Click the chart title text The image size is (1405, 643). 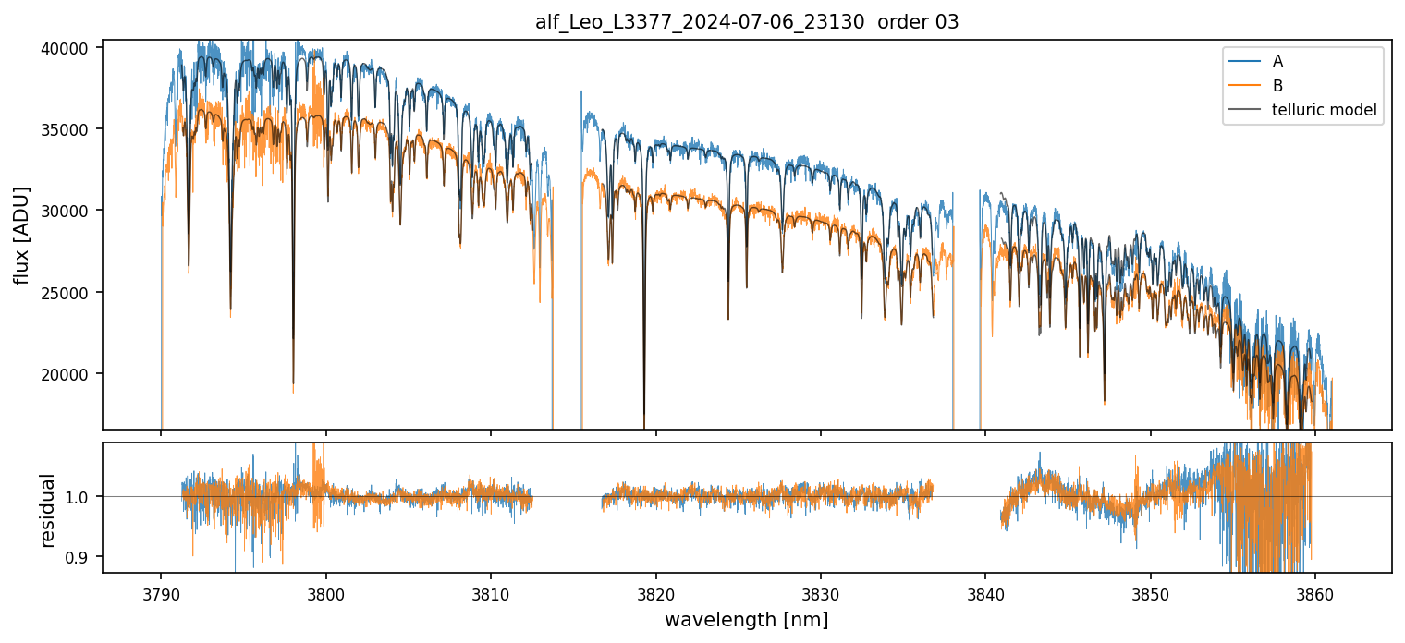click(747, 22)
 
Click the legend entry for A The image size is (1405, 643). click(1277, 61)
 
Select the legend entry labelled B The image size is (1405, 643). click(1277, 86)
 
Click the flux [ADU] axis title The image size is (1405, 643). click(21, 235)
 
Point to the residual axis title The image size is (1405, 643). click(48, 509)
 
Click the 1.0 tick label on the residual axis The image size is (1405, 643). click(81, 497)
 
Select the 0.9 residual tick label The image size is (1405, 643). click(81, 557)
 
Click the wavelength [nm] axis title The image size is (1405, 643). click(747, 619)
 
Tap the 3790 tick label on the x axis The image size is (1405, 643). click(161, 592)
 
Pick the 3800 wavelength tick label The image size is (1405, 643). click(325, 592)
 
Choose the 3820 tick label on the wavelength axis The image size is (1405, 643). click(655, 592)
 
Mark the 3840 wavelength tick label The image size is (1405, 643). click(985, 592)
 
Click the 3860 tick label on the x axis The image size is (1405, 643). click(1314, 592)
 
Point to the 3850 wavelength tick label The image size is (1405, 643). click(1150, 592)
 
